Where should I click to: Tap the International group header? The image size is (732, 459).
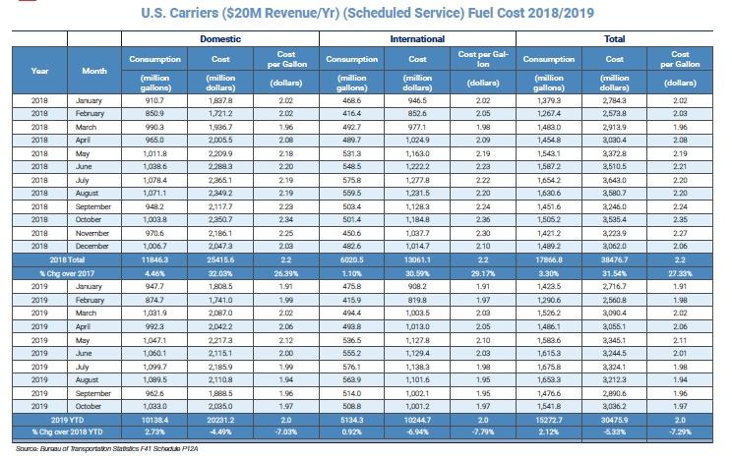417,38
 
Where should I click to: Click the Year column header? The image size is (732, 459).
39,71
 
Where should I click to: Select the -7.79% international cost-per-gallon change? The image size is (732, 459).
483,431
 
